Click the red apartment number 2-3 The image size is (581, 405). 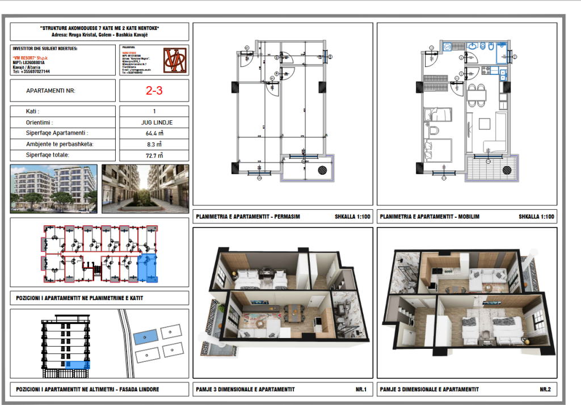(154, 90)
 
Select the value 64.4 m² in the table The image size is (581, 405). (154, 134)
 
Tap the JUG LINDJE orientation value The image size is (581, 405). (154, 123)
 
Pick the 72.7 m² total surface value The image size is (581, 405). (154, 155)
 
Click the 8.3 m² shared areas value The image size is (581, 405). (154, 144)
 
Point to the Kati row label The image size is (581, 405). (33, 112)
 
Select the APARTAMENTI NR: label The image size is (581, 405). (50, 91)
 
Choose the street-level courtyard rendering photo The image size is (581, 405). (145, 188)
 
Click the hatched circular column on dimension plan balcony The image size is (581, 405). (322, 168)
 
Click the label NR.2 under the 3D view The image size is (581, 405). (544, 389)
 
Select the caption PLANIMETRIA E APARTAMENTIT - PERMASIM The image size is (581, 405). (247, 217)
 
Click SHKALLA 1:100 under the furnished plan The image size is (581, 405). (536, 217)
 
